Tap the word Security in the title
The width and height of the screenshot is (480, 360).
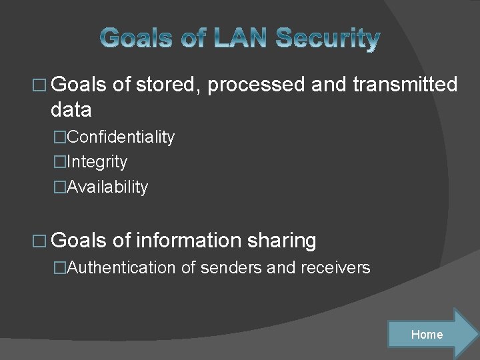[327, 39]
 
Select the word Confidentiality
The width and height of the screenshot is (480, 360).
[121, 137]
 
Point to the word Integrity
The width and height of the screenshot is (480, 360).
[97, 162]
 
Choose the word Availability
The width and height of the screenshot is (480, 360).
[107, 187]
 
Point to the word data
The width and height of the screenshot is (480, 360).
[71, 109]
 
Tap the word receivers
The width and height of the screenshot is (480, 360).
[337, 268]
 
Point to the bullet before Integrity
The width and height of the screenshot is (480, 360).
[61, 162]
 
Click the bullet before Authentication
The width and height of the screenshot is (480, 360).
[61, 268]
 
